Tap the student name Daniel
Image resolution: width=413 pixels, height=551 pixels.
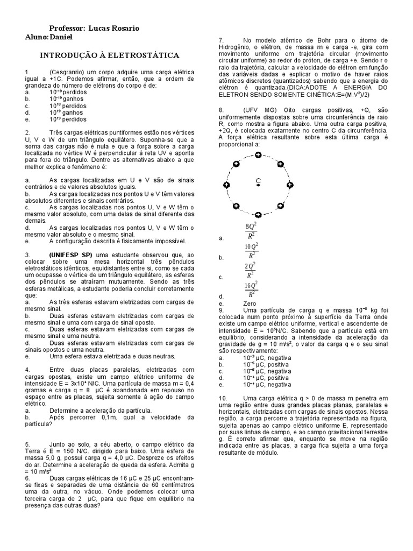pos(60,37)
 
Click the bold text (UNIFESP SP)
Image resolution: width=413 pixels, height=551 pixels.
pos(71,254)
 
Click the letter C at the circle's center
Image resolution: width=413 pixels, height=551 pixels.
pos(258,180)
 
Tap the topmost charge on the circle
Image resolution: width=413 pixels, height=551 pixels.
pos(258,155)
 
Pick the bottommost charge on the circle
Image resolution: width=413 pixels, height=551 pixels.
pos(258,215)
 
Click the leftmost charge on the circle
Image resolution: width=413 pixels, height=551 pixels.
pos(226,185)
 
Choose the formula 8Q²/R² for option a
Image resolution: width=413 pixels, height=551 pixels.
pos(251,231)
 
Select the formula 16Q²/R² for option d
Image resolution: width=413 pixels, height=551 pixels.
pos(251,289)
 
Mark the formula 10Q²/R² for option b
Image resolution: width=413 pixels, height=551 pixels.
pos(251,251)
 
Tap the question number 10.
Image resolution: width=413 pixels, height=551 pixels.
pos(223,397)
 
